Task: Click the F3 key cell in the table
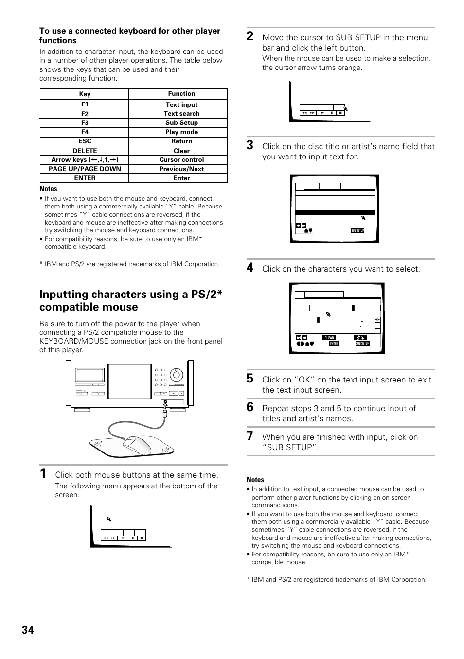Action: click(x=85, y=123)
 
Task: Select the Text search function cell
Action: click(x=181, y=114)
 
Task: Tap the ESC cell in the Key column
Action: click(x=85, y=141)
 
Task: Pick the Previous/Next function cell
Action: click(x=181, y=169)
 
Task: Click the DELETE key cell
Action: click(x=85, y=151)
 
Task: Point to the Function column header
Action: click(x=181, y=94)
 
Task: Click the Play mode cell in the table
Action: click(x=181, y=132)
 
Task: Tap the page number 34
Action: click(x=28, y=630)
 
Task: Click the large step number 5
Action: click(x=250, y=379)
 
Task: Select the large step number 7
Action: click(x=250, y=436)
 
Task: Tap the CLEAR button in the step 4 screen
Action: click(x=329, y=338)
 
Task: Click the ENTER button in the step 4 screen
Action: click(x=334, y=344)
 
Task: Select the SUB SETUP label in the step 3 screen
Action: click(x=357, y=231)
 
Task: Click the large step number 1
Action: click(x=43, y=474)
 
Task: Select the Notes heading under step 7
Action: click(x=255, y=480)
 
